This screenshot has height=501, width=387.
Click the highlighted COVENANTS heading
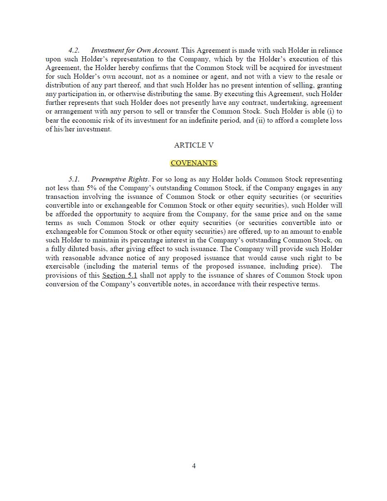[194, 163]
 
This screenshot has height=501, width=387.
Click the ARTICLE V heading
[194, 145]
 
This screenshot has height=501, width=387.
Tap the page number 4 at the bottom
[194, 466]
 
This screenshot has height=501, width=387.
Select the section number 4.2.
[74, 50]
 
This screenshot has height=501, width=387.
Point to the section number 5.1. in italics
[74, 179]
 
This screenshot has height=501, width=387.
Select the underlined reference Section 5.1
[119, 275]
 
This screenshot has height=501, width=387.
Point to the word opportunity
[114, 214]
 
